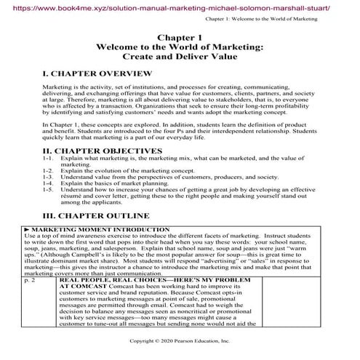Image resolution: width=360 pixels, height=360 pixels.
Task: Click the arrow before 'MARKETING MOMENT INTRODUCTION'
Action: [28, 249]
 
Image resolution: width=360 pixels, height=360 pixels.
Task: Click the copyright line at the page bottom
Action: [179, 340]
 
